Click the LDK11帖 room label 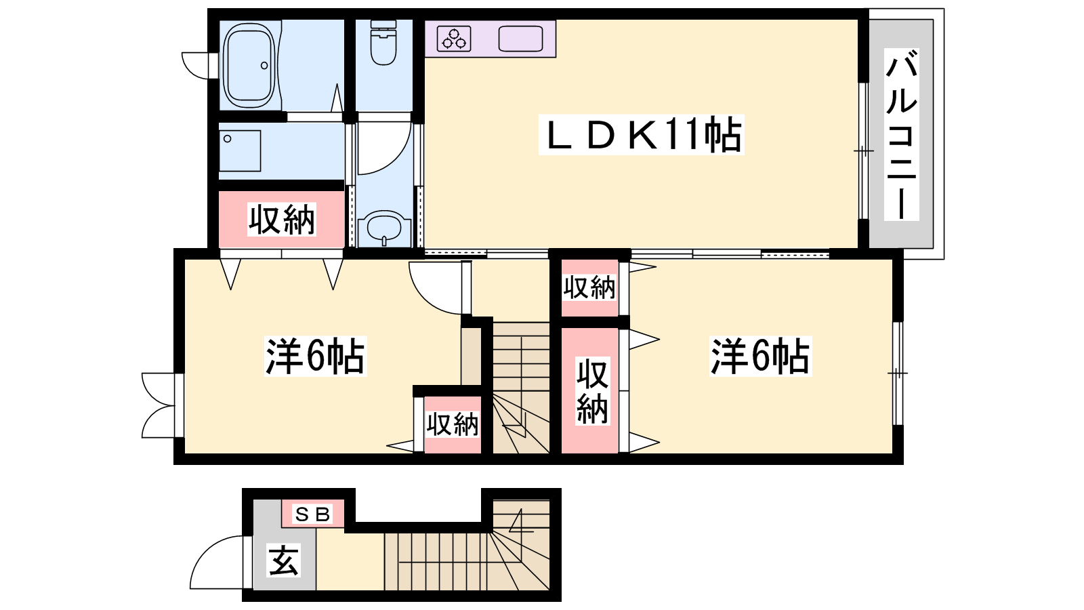click(642, 135)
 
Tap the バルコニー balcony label click(901, 135)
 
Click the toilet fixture click(383, 43)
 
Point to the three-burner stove click(454, 39)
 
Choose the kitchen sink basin click(521, 39)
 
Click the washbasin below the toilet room click(384, 228)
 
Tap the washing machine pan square click(240, 150)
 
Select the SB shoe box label click(312, 514)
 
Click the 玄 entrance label click(284, 560)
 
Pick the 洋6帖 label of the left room click(316, 357)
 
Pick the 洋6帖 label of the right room click(760, 357)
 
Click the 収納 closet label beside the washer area click(282, 220)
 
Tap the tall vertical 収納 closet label click(592, 391)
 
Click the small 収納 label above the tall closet click(589, 287)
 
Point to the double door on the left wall click(162, 405)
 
